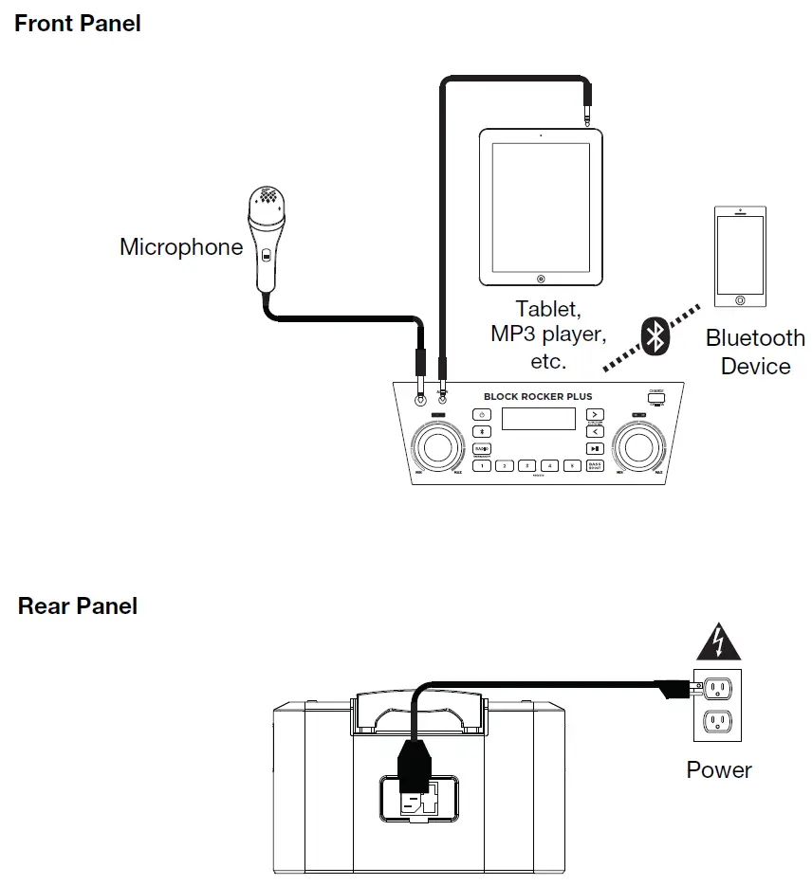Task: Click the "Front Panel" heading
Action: click(x=78, y=24)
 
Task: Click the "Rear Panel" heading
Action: click(x=78, y=605)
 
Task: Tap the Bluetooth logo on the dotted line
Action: click(x=654, y=336)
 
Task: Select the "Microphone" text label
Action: click(x=181, y=247)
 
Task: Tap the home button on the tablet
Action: click(x=541, y=279)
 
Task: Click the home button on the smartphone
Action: click(x=740, y=299)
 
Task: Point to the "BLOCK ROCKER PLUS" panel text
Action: click(x=539, y=397)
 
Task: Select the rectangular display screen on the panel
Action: click(x=539, y=418)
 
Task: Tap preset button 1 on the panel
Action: click(x=483, y=465)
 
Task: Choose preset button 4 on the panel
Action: click(x=549, y=465)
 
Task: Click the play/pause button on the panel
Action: click(x=594, y=448)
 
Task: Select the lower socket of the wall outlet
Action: click(x=717, y=724)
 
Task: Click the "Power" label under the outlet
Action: click(x=719, y=769)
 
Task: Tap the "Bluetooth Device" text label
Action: click(x=755, y=352)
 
